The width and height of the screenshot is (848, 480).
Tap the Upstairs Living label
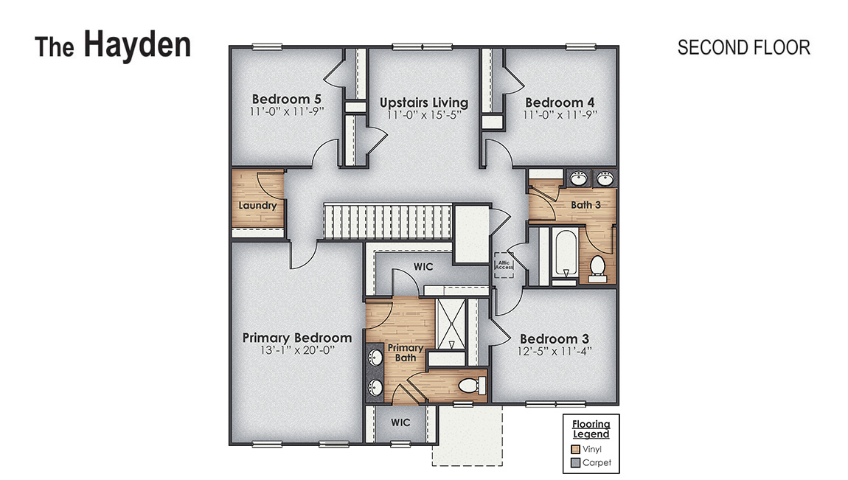[x=423, y=102]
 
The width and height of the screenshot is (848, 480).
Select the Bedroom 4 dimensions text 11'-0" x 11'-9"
[x=560, y=114]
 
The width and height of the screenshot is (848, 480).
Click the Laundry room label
[x=257, y=205]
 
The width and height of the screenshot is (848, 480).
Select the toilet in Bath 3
[x=598, y=266]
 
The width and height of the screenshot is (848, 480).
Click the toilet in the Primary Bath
[x=470, y=385]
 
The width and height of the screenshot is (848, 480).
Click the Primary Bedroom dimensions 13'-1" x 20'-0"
[x=297, y=351]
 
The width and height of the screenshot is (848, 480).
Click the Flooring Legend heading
[x=591, y=429]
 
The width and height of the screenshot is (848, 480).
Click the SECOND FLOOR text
[x=743, y=47]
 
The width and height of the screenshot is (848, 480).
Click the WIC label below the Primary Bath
[x=400, y=422]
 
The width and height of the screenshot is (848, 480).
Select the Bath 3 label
[x=586, y=204]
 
